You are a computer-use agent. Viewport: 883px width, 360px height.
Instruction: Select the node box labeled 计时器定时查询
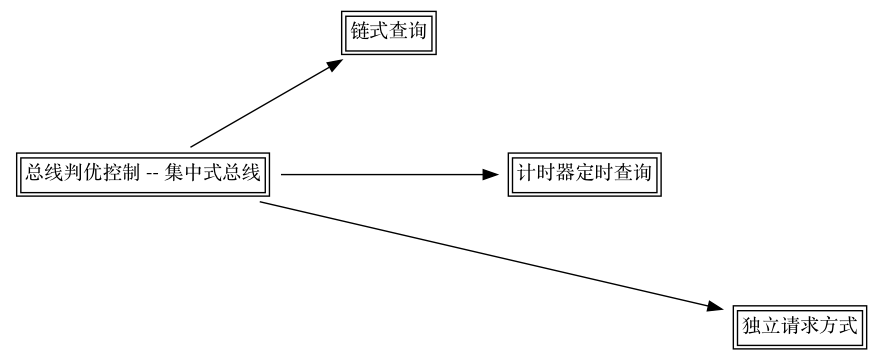pyautogui.click(x=584, y=174)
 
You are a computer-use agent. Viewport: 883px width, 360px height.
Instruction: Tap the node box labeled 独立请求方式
pyautogui.click(x=797, y=326)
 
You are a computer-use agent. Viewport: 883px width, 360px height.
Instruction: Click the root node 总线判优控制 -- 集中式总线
pyautogui.click(x=144, y=174)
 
